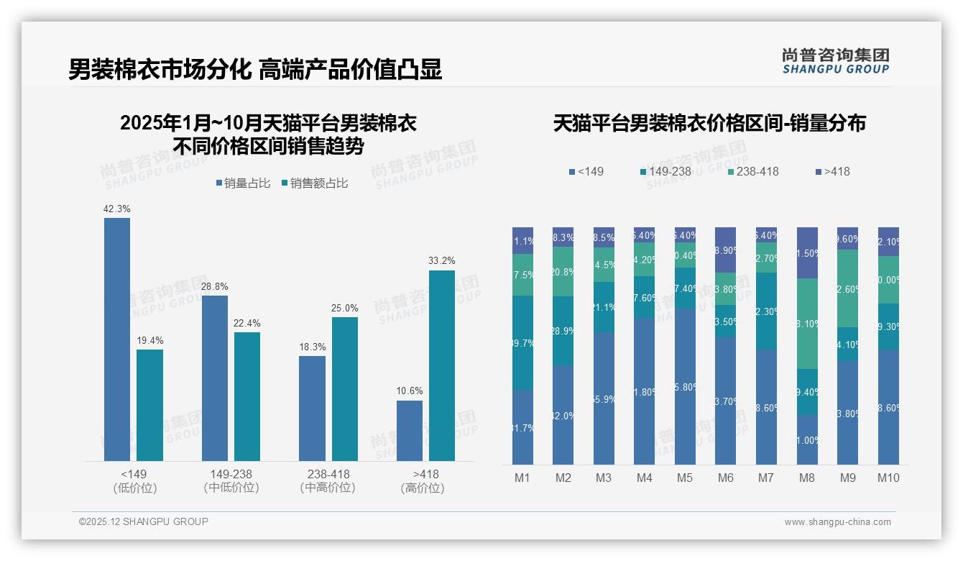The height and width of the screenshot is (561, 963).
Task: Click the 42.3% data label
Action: pyautogui.click(x=117, y=209)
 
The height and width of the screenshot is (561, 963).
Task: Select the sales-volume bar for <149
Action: pyautogui.click(x=117, y=339)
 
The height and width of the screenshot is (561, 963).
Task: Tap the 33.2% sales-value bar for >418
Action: pyautogui.click(x=442, y=365)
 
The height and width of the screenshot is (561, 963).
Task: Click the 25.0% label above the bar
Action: pyautogui.click(x=345, y=308)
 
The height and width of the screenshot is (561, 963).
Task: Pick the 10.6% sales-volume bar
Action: pyautogui.click(x=410, y=430)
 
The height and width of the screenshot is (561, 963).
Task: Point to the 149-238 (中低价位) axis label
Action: pyautogui.click(x=231, y=480)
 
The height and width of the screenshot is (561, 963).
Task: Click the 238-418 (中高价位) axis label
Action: pyautogui.click(x=328, y=480)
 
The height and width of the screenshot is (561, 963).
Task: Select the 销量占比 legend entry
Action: pyautogui.click(x=243, y=183)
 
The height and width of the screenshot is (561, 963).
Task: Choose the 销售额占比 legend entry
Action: pyautogui.click(x=315, y=183)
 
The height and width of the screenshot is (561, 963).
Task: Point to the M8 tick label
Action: pyautogui.click(x=807, y=478)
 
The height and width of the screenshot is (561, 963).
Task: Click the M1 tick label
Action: pyautogui.click(x=522, y=478)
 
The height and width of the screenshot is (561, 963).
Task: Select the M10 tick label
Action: pyautogui.click(x=888, y=478)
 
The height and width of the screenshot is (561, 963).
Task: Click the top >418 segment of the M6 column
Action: pyautogui.click(x=726, y=250)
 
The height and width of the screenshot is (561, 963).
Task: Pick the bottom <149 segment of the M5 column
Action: pyautogui.click(x=685, y=386)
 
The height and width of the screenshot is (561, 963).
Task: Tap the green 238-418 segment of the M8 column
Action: pyautogui.click(x=807, y=324)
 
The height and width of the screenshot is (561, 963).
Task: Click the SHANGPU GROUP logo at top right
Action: pyautogui.click(x=836, y=60)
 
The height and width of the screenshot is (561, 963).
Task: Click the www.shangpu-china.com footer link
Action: pyautogui.click(x=837, y=522)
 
